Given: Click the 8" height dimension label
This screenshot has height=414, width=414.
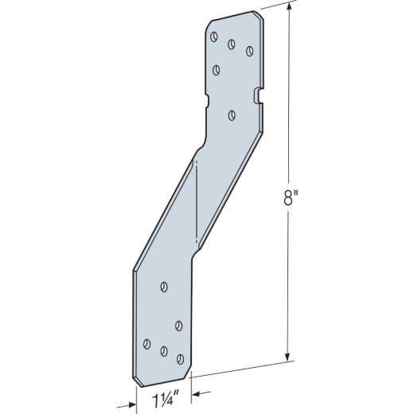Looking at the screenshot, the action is pyautogui.click(x=291, y=197).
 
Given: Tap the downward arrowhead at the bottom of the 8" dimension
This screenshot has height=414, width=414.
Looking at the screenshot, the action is pyautogui.click(x=288, y=356).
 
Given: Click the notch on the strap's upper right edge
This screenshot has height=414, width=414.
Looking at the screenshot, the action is pyautogui.click(x=257, y=96).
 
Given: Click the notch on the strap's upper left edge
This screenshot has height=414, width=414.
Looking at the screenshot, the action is pyautogui.click(x=207, y=100).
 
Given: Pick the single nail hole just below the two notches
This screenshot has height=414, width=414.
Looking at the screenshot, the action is pyautogui.click(x=232, y=115).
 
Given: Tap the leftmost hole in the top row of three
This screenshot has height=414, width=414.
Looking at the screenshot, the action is pyautogui.click(x=214, y=37).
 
